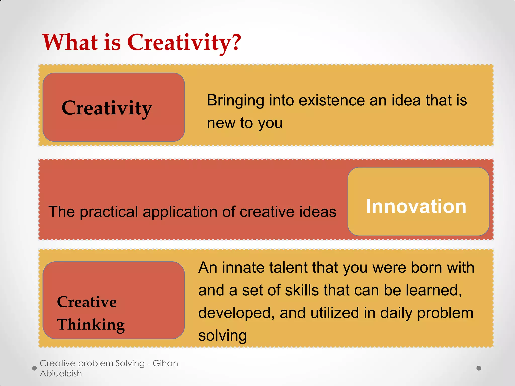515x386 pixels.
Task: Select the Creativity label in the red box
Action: pos(107,108)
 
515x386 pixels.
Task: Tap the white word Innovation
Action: pos(416,206)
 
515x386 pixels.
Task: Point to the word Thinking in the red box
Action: pos(91,324)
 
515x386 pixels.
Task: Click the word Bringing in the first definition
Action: pos(235,101)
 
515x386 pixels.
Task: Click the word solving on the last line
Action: pos(223,336)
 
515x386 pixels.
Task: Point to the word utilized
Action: pos(334,313)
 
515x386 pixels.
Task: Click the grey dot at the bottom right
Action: pos(479,368)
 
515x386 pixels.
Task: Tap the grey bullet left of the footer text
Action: pos(34,368)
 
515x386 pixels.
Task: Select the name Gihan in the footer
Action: pos(165,363)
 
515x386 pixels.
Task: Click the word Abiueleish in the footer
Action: pos(61,374)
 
